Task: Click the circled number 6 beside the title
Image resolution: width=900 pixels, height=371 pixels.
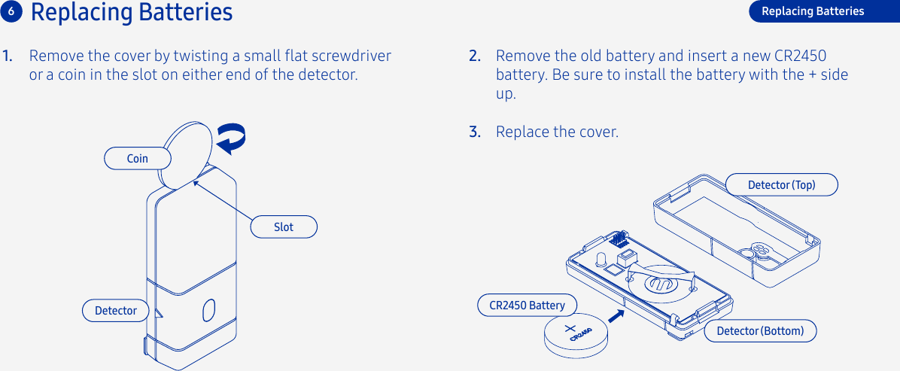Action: pyautogui.click(x=11, y=11)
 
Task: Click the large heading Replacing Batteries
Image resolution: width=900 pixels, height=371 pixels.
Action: pyautogui.click(x=132, y=13)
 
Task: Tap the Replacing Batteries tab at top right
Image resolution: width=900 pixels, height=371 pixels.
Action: pyautogui.click(x=813, y=11)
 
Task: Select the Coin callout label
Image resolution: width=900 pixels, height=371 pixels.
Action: pyautogui.click(x=137, y=158)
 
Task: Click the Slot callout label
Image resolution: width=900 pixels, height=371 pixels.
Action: pyautogui.click(x=284, y=227)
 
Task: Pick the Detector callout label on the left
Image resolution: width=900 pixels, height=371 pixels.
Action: pyautogui.click(x=115, y=310)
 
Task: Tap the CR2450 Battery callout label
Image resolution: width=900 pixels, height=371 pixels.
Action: pyautogui.click(x=527, y=305)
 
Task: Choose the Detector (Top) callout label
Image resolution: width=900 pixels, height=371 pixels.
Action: pyautogui.click(x=781, y=184)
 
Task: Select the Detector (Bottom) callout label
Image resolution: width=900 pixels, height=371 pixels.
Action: pyautogui.click(x=760, y=331)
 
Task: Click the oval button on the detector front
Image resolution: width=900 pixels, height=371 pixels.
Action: pyautogui.click(x=209, y=309)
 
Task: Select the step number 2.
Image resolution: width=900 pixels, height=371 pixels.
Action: pyautogui.click(x=474, y=56)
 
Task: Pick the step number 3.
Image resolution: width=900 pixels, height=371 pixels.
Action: pyautogui.click(x=474, y=132)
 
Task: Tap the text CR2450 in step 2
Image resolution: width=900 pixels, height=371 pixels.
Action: pyautogui.click(x=800, y=56)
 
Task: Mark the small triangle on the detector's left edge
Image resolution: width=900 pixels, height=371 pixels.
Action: pyautogui.click(x=157, y=312)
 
